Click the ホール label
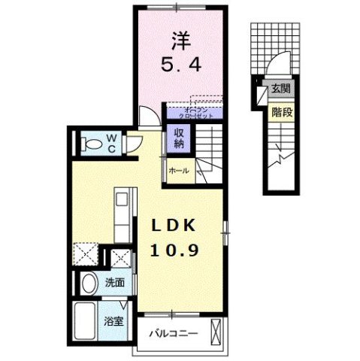pyautogui.click(x=179, y=171)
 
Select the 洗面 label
pyautogui.click(x=114, y=284)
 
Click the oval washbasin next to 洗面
pyautogui.click(x=87, y=284)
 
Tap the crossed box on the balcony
pyautogui.click(x=217, y=331)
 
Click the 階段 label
pyautogui.click(x=280, y=112)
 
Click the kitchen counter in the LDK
pyautogui.click(x=123, y=212)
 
